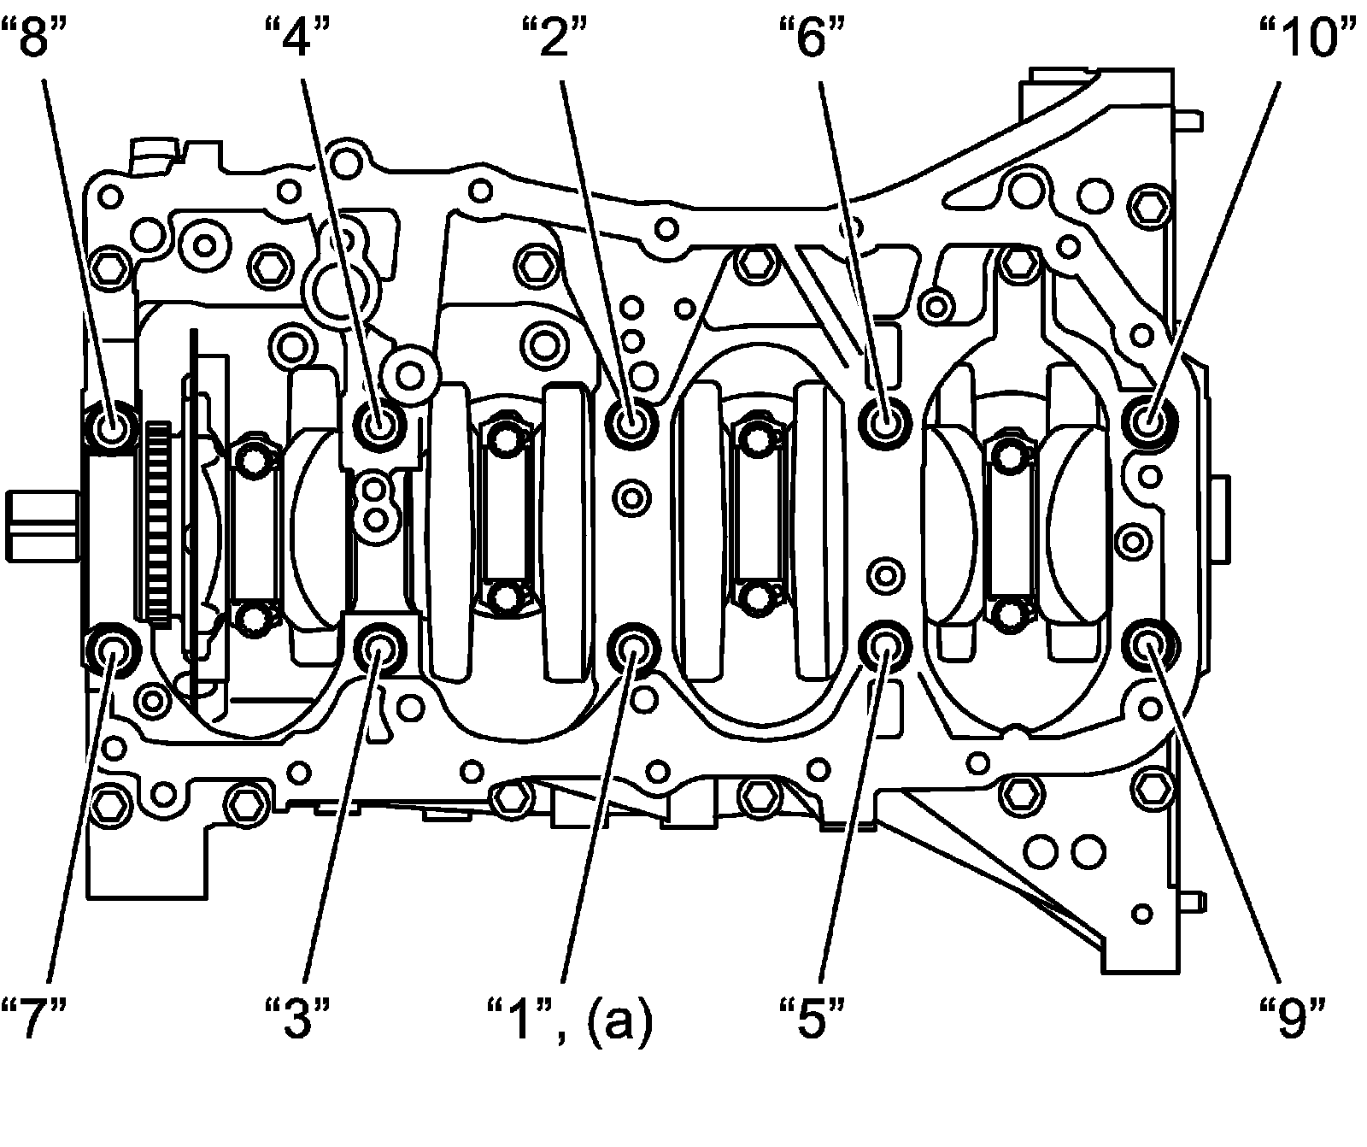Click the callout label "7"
click(x=34, y=1018)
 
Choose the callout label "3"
click(x=296, y=1018)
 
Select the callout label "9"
click(x=1294, y=1018)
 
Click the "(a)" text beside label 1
click(x=619, y=1021)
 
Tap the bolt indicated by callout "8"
click(x=112, y=424)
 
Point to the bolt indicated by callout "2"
click(x=632, y=421)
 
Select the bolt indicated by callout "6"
click(x=884, y=420)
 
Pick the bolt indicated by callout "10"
click(x=1149, y=421)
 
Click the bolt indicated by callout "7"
click(x=112, y=651)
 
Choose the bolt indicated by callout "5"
click(x=884, y=648)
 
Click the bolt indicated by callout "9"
click(x=1149, y=648)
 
